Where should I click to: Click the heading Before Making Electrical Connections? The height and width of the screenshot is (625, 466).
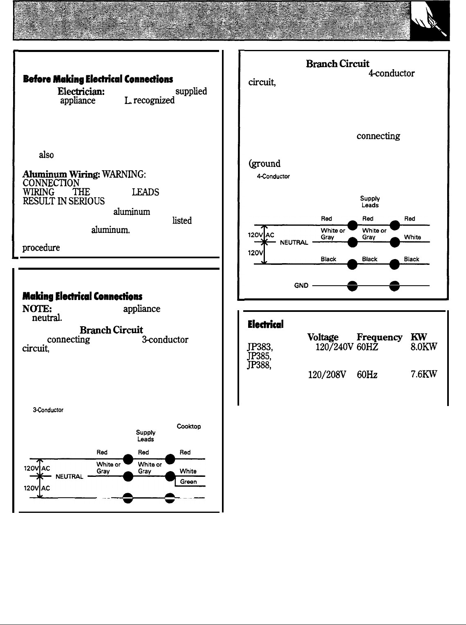pyautogui.click(x=98, y=79)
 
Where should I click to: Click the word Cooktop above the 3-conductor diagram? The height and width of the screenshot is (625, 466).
pyautogui.click(x=188, y=426)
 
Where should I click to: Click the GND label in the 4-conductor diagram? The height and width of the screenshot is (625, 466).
pyautogui.click(x=301, y=285)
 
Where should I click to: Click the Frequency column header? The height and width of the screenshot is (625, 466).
pyautogui.click(x=379, y=337)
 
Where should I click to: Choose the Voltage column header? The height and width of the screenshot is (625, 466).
pyautogui.click(x=323, y=337)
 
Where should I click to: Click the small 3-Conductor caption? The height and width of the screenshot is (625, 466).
pyautogui.click(x=48, y=410)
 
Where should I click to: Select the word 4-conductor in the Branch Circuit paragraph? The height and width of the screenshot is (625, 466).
pyautogui.click(x=391, y=74)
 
